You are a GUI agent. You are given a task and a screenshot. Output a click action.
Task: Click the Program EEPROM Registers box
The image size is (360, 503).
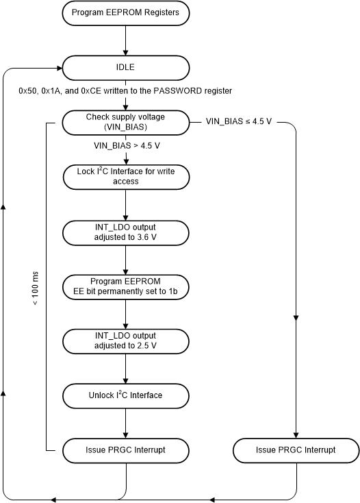(x=125, y=13)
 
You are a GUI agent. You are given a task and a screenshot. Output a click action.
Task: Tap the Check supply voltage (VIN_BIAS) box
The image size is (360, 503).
(x=125, y=122)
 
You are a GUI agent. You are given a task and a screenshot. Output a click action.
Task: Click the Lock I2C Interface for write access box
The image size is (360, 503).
(x=125, y=177)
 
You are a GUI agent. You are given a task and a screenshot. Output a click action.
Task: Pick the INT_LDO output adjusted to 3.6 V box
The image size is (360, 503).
(x=125, y=232)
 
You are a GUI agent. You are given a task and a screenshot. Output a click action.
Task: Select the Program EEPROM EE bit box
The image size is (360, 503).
(x=125, y=286)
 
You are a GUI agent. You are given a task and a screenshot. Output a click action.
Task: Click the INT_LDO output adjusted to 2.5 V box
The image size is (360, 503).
(x=125, y=341)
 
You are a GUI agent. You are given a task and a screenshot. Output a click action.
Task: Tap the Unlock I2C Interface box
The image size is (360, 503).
(x=125, y=395)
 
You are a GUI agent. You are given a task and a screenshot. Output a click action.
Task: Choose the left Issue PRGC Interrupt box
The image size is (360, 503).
(x=125, y=450)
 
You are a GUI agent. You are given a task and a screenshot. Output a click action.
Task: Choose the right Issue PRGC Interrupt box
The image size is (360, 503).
(x=296, y=450)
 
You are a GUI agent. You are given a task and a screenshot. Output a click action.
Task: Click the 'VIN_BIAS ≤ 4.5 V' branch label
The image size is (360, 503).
(x=239, y=121)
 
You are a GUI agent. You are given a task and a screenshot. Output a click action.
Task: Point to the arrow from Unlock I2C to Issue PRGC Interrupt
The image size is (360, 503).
(x=125, y=423)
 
